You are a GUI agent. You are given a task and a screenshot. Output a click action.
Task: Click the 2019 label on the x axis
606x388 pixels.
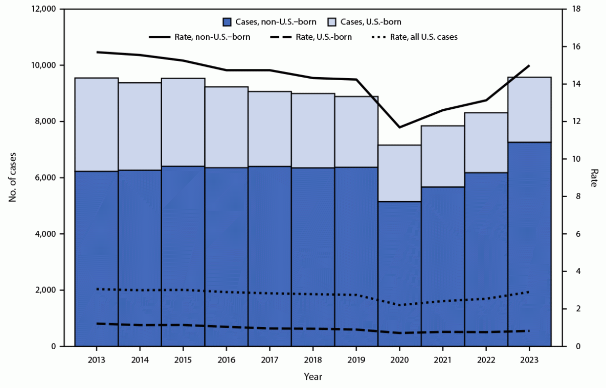(356, 360)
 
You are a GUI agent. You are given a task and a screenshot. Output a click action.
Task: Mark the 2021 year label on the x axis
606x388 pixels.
(442, 360)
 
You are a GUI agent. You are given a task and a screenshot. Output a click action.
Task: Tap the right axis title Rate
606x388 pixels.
(593, 178)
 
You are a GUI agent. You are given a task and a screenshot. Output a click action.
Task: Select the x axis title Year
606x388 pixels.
(312, 377)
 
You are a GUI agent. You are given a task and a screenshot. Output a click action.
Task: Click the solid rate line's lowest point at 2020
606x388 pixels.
(399, 127)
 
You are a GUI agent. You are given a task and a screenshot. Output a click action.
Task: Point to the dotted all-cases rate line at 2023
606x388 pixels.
(529, 292)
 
